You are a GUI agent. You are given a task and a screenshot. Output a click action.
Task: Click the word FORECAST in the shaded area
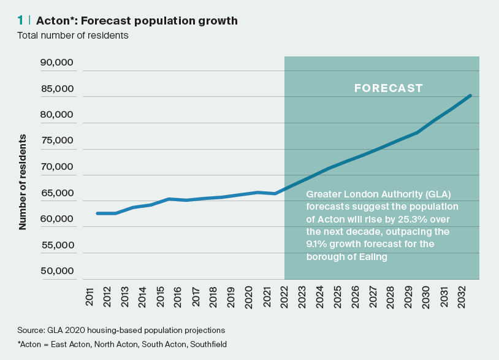tap(389, 88)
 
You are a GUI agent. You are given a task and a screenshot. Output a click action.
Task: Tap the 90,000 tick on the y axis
tap(57, 63)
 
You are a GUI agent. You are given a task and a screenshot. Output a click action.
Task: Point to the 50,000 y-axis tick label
tap(57, 271)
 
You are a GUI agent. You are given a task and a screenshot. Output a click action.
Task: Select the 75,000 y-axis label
tap(57, 140)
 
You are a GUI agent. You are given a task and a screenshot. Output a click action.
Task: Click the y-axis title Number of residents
tap(23, 182)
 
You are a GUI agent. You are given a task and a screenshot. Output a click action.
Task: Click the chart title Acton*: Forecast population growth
tap(137, 21)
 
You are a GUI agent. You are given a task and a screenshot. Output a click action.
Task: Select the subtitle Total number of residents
tap(72, 36)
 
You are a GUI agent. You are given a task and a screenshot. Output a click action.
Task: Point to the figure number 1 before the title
tap(21, 21)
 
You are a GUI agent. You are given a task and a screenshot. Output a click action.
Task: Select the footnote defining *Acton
tap(123, 345)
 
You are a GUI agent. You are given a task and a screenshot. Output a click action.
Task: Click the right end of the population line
tap(470, 96)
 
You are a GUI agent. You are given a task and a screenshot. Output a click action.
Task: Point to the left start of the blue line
tap(97, 213)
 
